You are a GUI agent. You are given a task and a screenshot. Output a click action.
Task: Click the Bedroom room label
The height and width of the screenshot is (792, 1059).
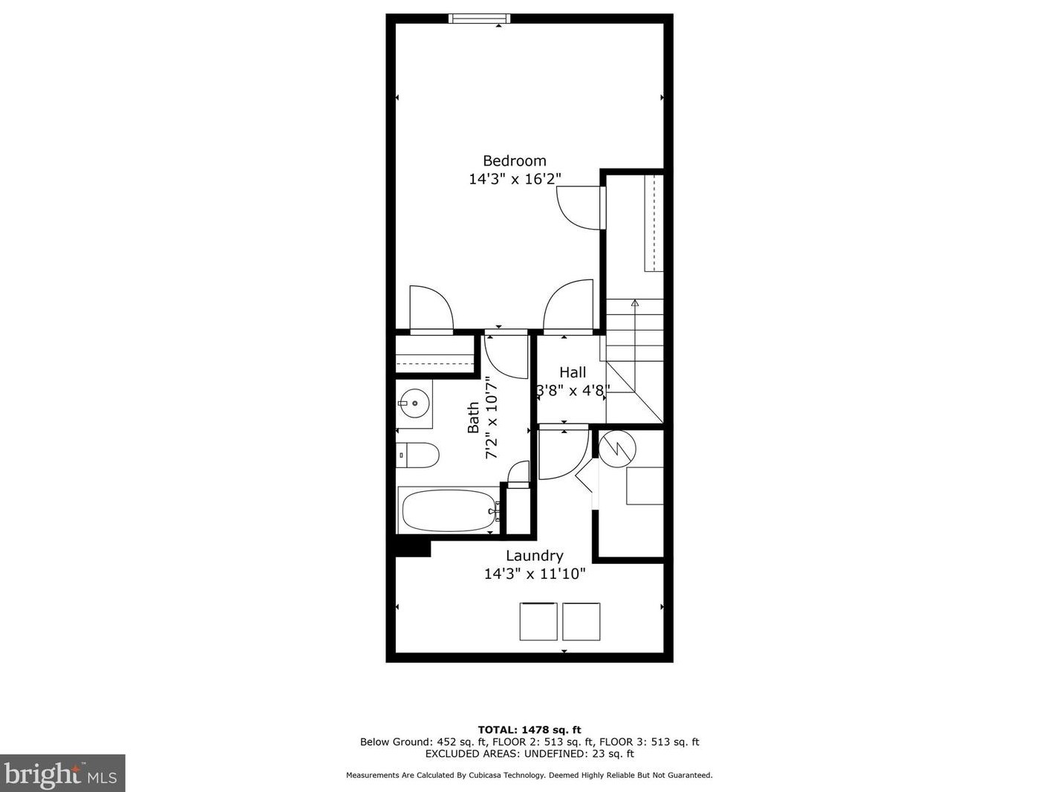514,160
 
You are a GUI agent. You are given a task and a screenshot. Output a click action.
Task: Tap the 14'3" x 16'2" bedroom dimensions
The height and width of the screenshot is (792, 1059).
514,179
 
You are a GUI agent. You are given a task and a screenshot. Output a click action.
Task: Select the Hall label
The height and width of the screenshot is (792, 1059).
572,372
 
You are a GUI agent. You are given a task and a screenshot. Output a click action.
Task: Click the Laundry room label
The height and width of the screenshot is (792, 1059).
534,556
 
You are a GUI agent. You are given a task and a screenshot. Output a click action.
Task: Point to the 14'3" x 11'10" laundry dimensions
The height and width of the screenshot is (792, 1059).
534,574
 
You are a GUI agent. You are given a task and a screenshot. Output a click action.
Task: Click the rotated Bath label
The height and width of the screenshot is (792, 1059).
474,418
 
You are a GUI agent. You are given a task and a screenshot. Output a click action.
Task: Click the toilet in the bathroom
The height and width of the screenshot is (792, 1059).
417,454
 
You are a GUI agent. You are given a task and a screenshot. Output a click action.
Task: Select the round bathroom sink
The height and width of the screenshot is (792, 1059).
414,404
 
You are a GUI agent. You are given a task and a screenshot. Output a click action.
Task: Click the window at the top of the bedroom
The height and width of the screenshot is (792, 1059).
480,19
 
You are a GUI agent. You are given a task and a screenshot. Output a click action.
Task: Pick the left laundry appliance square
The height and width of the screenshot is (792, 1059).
538,621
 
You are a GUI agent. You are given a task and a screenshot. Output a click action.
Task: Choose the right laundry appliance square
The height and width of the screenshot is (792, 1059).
581,621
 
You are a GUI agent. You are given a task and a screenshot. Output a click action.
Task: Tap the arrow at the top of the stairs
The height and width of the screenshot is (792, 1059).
634,303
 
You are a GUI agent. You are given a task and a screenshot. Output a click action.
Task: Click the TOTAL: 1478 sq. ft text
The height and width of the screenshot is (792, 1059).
529,730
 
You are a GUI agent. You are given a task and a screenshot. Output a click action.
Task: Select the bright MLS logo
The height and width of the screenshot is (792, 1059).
62,773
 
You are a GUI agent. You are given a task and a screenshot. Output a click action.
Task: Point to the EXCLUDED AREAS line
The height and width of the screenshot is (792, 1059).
529,753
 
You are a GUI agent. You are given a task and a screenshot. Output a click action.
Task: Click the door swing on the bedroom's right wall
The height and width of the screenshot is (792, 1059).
579,207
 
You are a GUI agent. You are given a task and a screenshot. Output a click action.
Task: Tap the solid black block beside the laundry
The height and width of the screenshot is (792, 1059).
412,548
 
